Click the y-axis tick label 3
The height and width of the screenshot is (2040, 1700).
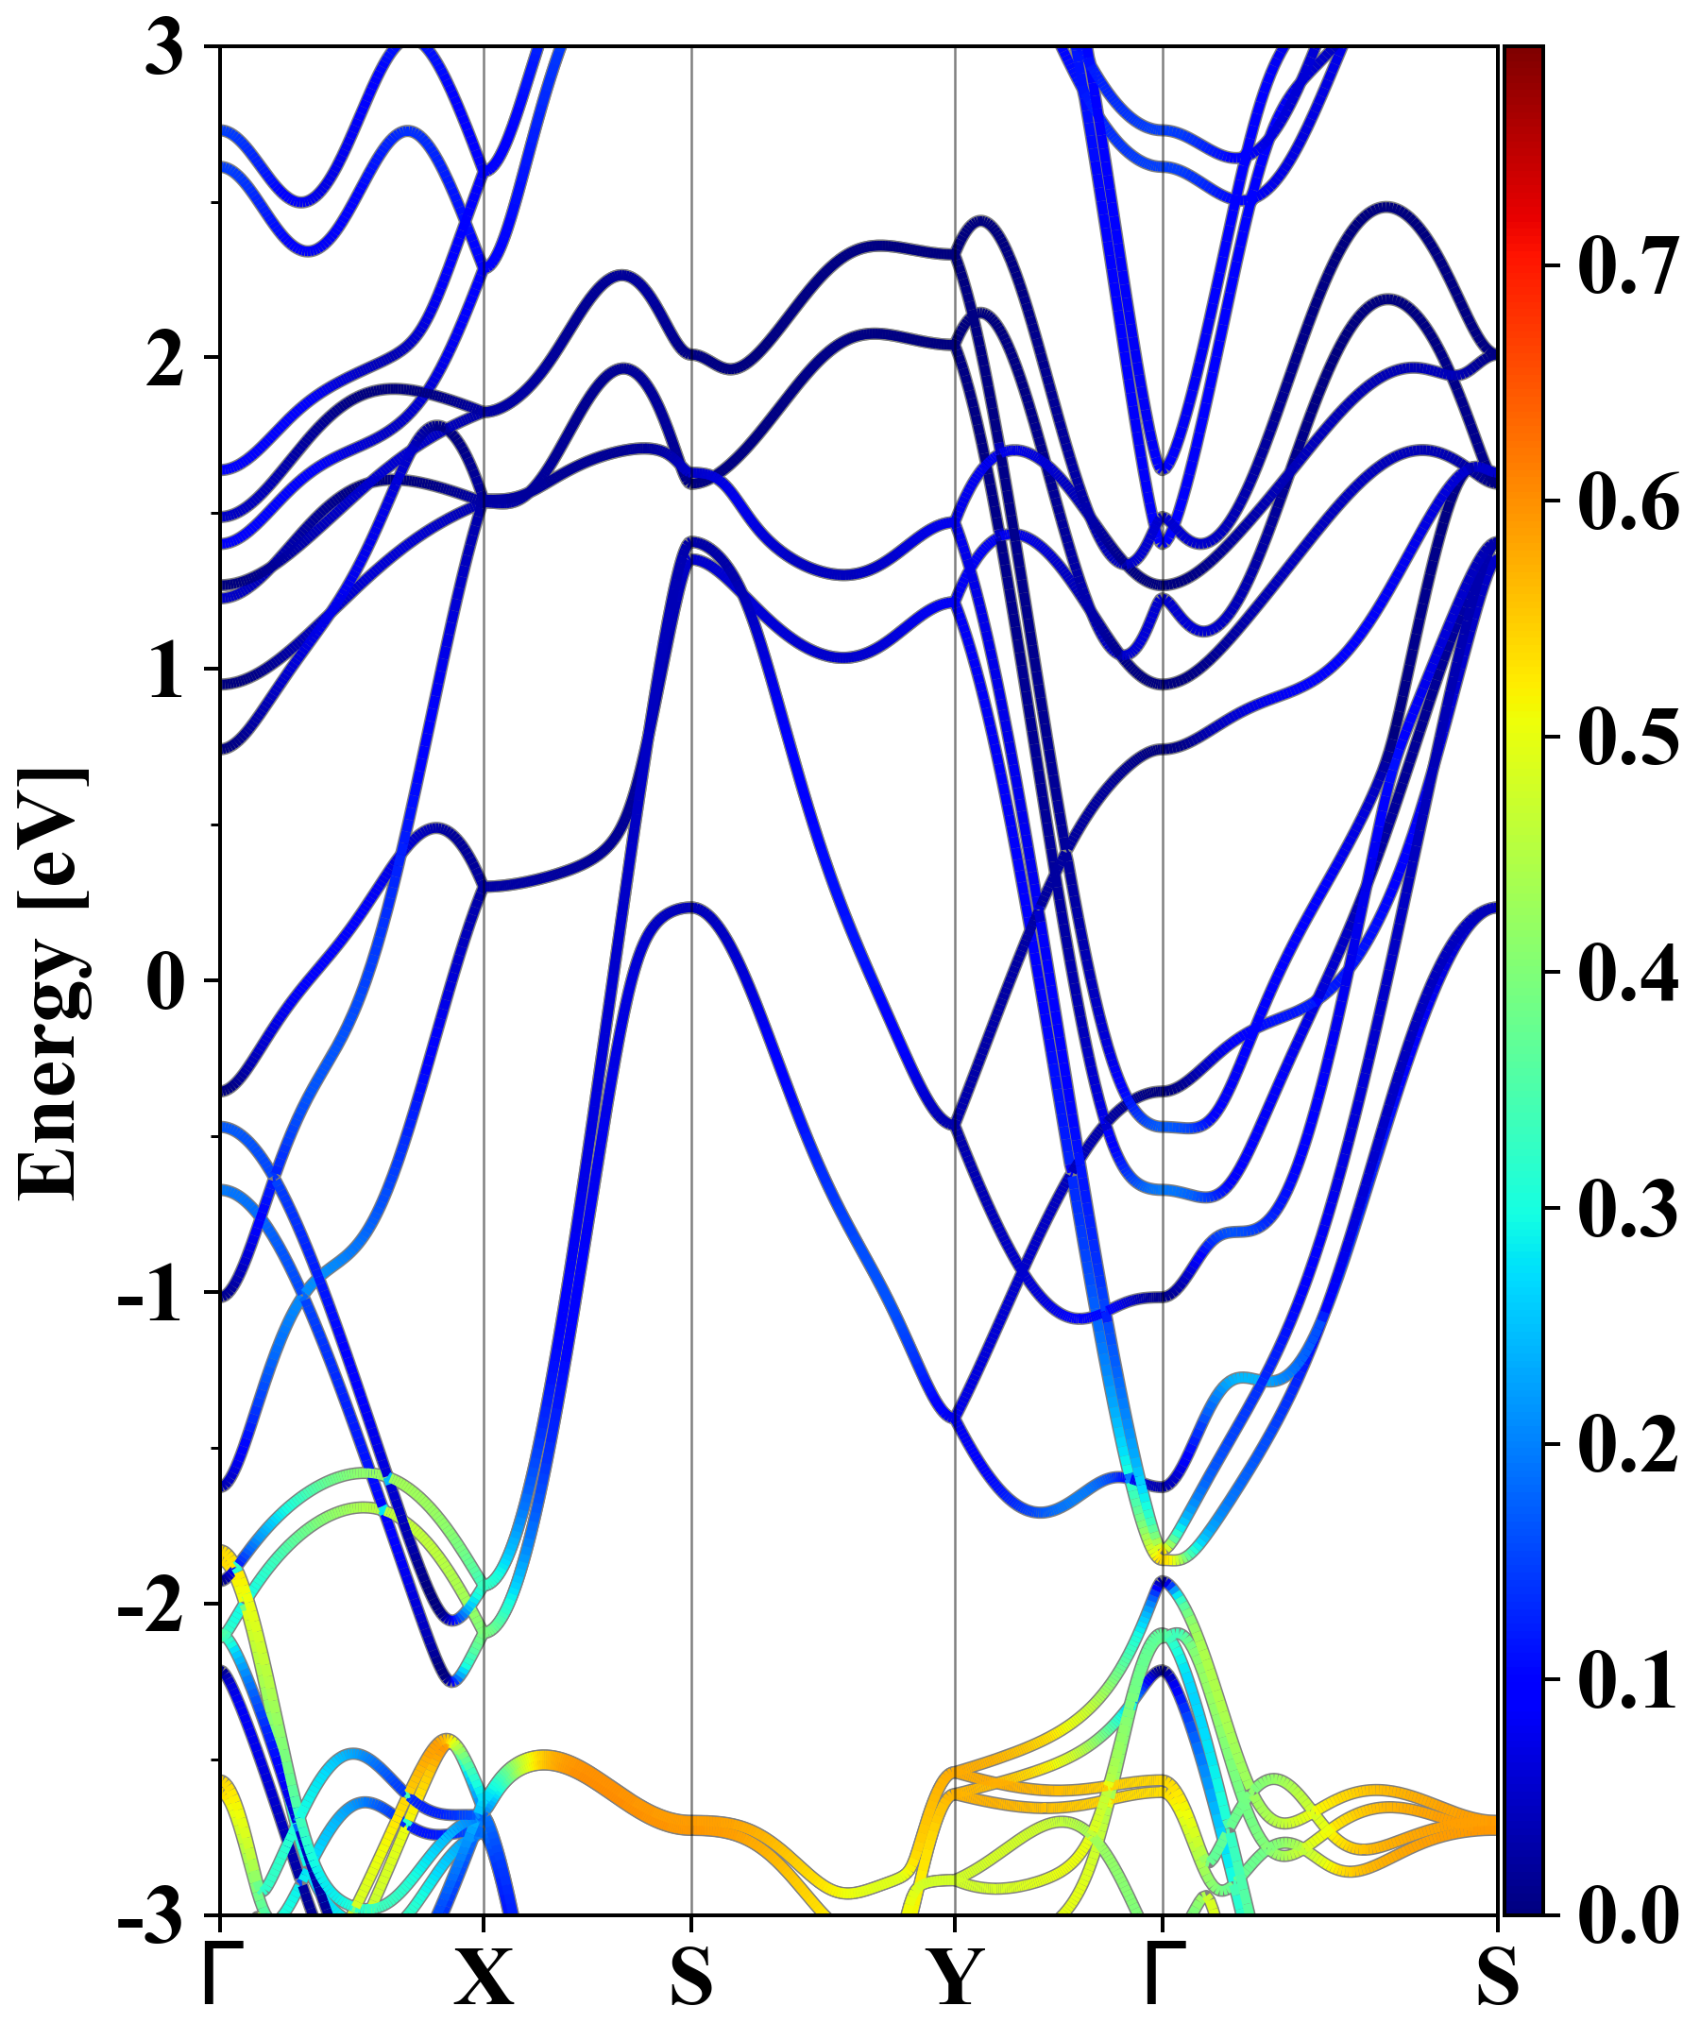165,48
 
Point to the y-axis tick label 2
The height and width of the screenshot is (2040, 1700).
165,360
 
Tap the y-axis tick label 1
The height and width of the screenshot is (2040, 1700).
165,672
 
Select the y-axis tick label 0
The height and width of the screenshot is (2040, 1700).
165,981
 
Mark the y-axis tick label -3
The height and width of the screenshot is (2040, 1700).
150,1915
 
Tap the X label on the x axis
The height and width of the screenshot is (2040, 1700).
484,1977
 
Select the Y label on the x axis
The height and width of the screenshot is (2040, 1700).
955,1977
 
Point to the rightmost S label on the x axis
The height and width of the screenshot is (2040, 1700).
1497,1977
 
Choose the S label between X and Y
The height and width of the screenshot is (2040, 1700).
690,1977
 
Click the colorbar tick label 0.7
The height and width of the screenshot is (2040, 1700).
1627,265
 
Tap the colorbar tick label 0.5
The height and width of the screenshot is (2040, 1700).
1627,737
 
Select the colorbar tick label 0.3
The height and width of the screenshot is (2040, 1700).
1627,1209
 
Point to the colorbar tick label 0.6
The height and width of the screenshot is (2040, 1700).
1627,501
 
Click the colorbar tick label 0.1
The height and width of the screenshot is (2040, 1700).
1627,1679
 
